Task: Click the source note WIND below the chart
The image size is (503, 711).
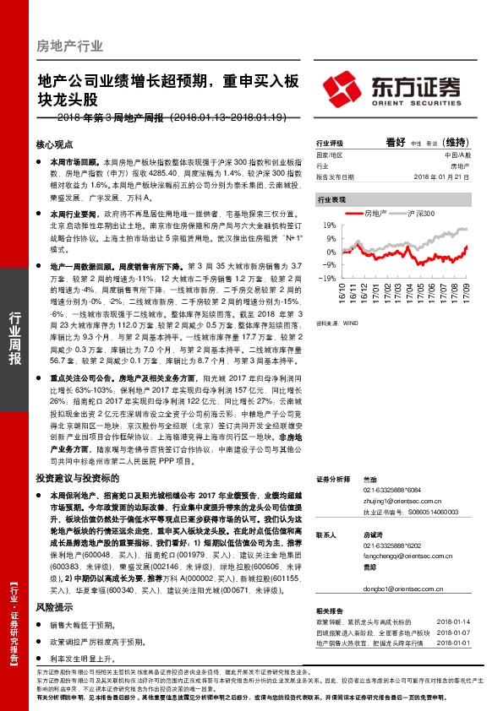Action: pos(351,323)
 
